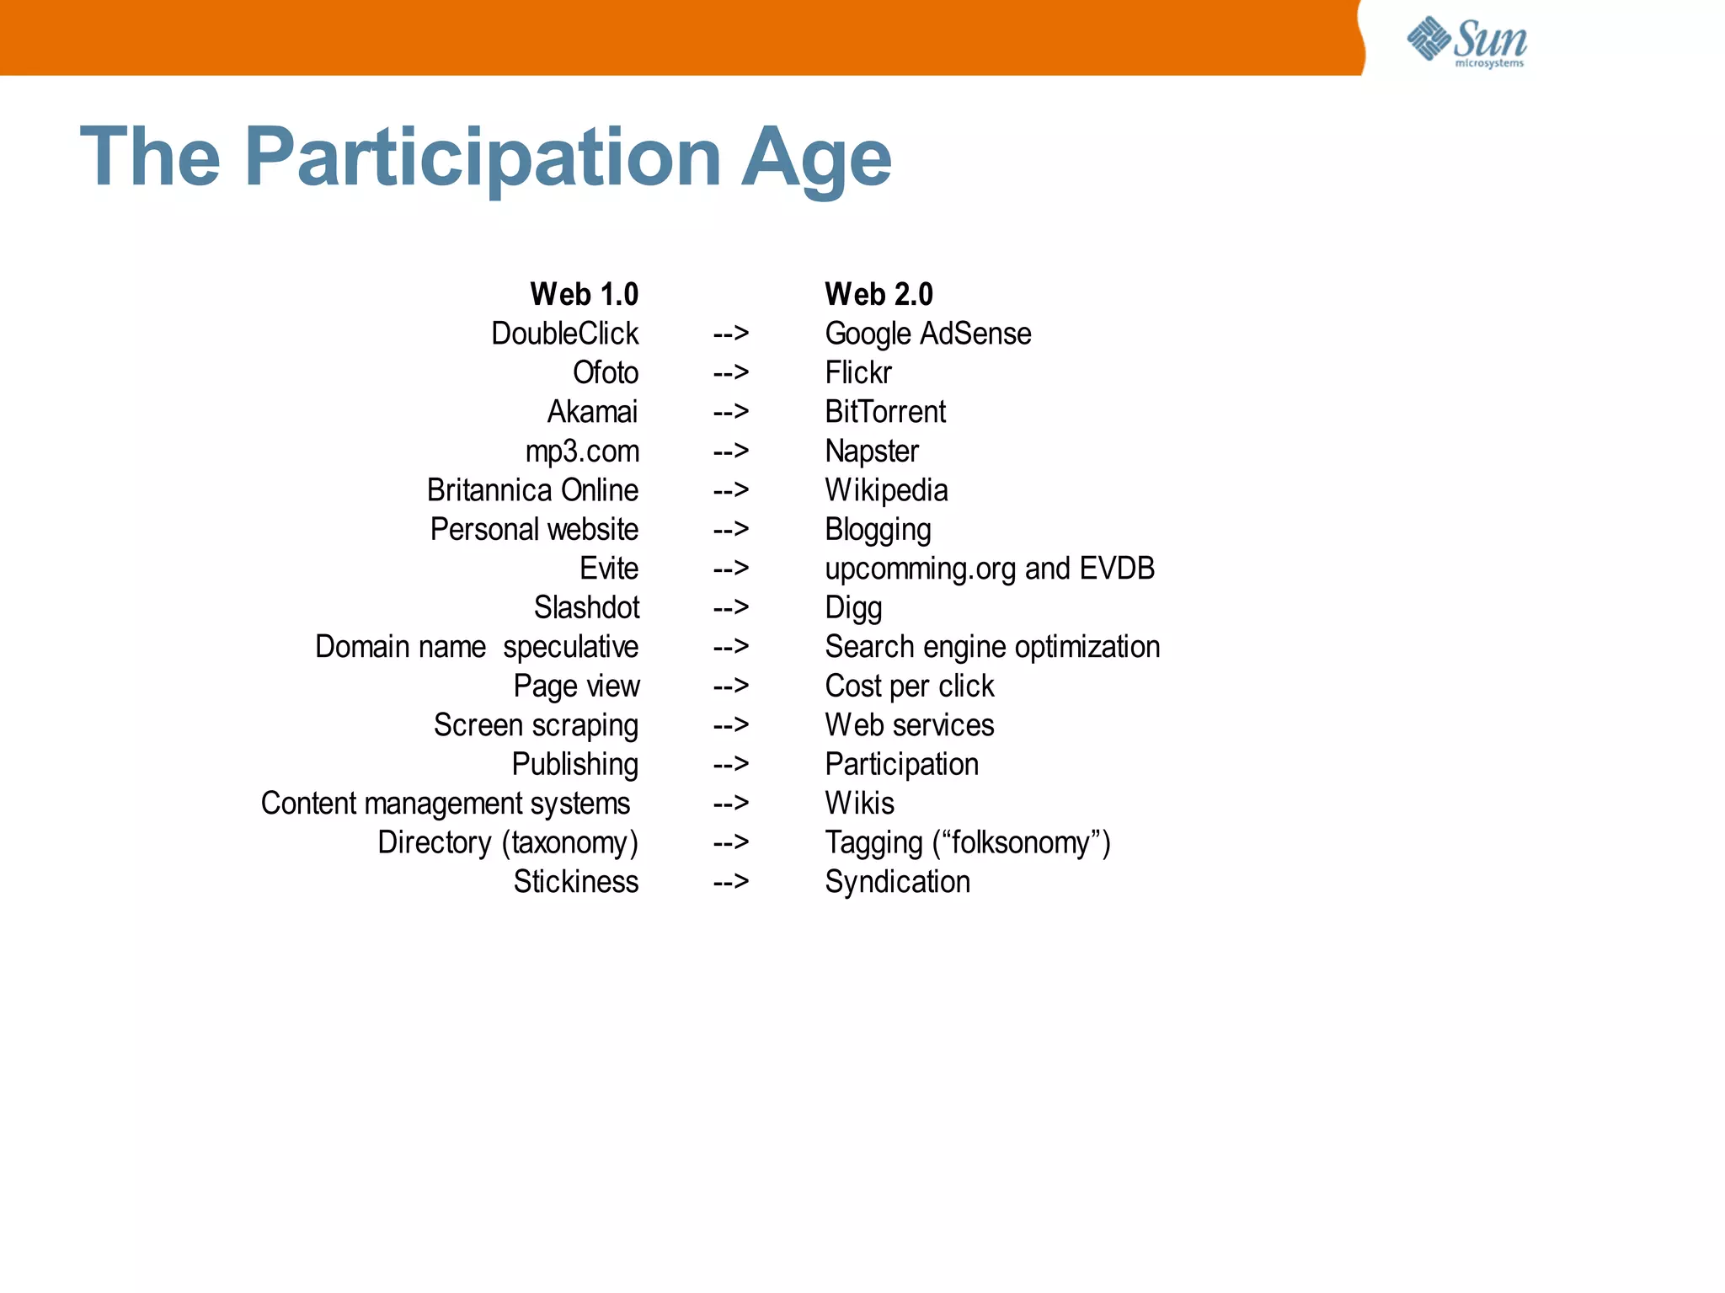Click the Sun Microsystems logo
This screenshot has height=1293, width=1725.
pyautogui.click(x=1466, y=41)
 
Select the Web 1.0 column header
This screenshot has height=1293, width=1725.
pyautogui.click(x=584, y=295)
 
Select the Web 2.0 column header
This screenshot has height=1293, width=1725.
pyautogui.click(x=879, y=295)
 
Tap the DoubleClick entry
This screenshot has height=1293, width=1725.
pyautogui.click(x=564, y=334)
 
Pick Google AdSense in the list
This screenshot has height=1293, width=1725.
pyautogui.click(x=927, y=334)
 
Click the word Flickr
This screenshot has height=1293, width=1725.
pyautogui.click(x=857, y=372)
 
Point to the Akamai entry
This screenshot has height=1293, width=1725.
pyautogui.click(x=592, y=412)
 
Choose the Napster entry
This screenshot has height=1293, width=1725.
pyautogui.click(x=871, y=451)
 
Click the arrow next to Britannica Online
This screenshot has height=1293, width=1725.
pyautogui.click(x=730, y=490)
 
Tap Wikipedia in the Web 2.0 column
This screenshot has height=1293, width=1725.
pyautogui.click(x=886, y=490)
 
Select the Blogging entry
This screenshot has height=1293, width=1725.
pyautogui.click(x=878, y=530)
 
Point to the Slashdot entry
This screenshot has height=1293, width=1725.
pyautogui.click(x=586, y=607)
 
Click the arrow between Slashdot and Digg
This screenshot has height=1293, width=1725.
pyautogui.click(x=730, y=607)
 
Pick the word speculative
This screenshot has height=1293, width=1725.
pyautogui.click(x=570, y=647)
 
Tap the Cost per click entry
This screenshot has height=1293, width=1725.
pyautogui.click(x=909, y=686)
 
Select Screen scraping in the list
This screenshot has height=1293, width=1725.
pyautogui.click(x=536, y=725)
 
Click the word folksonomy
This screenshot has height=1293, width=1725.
pyautogui.click(x=1021, y=842)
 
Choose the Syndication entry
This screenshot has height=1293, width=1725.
pyautogui.click(x=897, y=882)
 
